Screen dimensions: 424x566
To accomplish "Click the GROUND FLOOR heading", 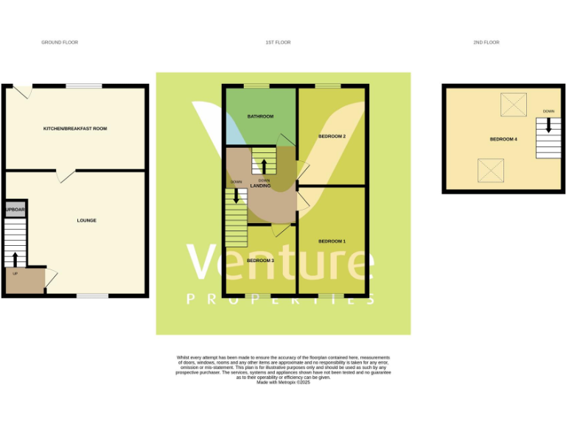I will click(60, 43).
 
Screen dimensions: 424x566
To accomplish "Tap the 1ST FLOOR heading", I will click(279, 43).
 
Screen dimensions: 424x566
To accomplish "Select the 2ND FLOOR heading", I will click(486, 43).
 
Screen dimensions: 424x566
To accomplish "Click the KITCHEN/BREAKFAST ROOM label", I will click(75, 129).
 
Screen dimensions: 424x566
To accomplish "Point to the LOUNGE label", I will click(87, 220).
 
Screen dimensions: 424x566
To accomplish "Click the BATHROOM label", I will click(260, 116).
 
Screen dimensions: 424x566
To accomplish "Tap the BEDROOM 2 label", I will click(332, 137).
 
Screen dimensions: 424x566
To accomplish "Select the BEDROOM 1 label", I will click(332, 241).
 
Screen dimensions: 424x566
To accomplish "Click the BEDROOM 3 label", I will click(260, 261).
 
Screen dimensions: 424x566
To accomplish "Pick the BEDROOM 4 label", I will click(503, 139).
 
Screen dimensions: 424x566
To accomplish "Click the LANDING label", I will click(260, 185).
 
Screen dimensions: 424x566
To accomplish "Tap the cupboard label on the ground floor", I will click(15, 210).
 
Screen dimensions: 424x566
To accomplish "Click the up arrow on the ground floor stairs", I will click(15, 258).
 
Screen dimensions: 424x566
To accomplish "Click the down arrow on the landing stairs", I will click(236, 196).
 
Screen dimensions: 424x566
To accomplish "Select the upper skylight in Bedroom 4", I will click(514, 105).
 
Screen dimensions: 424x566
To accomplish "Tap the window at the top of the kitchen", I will click(83, 86).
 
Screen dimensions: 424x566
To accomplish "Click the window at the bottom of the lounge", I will click(92, 296).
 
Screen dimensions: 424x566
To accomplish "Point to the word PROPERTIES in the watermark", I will click(280, 299).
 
